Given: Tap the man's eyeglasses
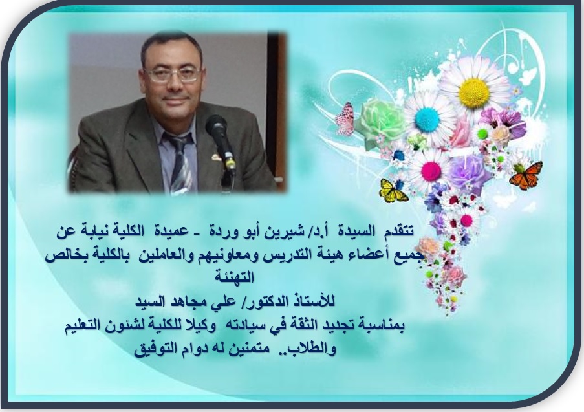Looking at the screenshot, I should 174,74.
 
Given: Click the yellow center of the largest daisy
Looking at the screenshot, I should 474,92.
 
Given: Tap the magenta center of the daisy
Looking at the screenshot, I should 431,170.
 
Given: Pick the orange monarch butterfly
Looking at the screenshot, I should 525,175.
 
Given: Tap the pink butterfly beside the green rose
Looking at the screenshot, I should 345,118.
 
